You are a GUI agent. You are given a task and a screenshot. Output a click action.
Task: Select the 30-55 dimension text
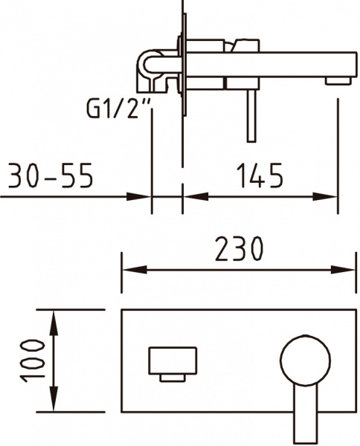[x=51, y=175]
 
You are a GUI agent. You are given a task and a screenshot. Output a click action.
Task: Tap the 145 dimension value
[x=260, y=175]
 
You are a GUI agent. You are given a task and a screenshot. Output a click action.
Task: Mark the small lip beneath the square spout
[x=174, y=379]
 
